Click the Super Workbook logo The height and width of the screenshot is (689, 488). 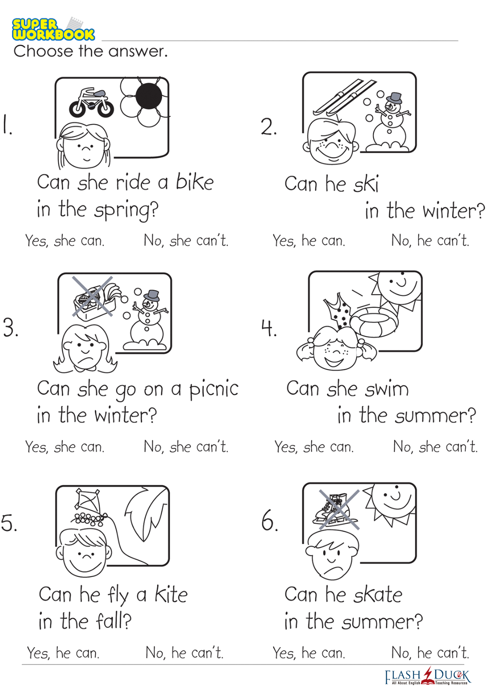[x=53, y=29]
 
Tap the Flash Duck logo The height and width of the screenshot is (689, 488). [x=428, y=677]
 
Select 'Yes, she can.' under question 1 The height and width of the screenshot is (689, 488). [x=65, y=241]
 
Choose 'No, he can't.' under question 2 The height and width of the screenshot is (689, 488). [x=430, y=240]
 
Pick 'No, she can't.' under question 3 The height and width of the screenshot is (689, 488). [x=186, y=447]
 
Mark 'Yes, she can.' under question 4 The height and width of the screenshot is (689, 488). [x=314, y=447]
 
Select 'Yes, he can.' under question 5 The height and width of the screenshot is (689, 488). [x=63, y=652]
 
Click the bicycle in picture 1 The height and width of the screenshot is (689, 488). [x=91, y=103]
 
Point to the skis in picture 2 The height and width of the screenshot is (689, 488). [x=344, y=97]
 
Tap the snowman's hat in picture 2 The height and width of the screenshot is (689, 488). [x=394, y=98]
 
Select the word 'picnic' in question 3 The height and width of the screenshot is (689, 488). [x=214, y=390]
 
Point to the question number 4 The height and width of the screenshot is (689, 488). [x=269, y=328]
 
